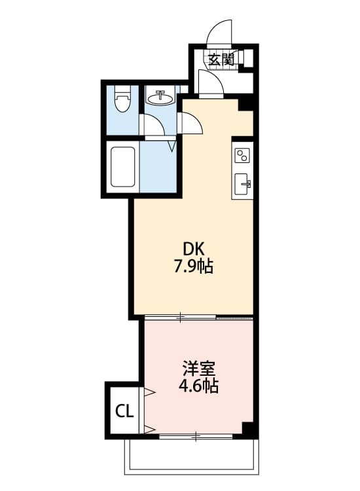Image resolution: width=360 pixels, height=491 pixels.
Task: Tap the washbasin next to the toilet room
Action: (x=159, y=99)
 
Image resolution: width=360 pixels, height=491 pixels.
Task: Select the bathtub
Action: (x=122, y=167)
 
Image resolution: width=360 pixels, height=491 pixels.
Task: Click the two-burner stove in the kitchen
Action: (x=242, y=156)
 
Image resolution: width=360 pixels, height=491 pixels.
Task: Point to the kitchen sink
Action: (x=242, y=184)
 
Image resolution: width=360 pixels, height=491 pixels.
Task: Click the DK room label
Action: (x=194, y=249)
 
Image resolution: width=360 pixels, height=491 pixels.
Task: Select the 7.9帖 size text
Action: (x=194, y=267)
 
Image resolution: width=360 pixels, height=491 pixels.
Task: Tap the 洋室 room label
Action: (x=198, y=369)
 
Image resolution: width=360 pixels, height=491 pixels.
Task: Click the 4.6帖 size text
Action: (x=198, y=386)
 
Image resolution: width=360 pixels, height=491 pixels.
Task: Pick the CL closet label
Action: (x=124, y=411)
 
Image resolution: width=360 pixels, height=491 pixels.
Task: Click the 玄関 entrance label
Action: (x=221, y=59)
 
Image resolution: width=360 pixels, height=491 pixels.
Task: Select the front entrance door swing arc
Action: (x=221, y=31)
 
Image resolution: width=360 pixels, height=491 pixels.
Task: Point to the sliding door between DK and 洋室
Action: (x=180, y=317)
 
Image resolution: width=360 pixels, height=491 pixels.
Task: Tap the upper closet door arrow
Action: (x=149, y=393)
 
